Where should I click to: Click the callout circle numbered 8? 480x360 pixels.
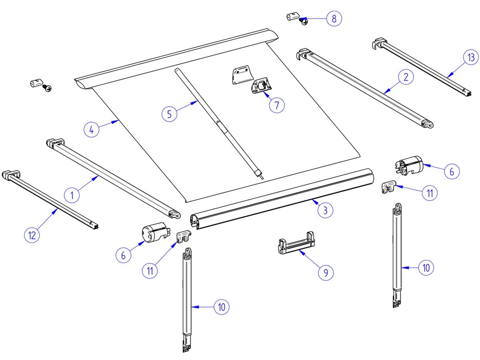pos(334,19)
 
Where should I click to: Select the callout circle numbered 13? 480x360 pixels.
pos(471,58)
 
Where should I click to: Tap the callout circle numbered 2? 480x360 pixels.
pos(406,77)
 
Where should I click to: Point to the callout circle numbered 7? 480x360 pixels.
pos(277,105)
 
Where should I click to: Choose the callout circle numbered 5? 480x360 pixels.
pos(170,114)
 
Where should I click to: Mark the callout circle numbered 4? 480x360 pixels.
pos(92,130)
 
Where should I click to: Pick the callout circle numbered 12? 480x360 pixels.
pos(32,235)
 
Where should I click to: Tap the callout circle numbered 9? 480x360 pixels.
pos(326,272)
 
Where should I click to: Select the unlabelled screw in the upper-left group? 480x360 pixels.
pos(48,87)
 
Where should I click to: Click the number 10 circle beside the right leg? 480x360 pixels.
pos(426,268)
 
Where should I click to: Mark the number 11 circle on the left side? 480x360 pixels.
pos(150,270)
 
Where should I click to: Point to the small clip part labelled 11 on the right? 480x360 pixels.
pos(389,187)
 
